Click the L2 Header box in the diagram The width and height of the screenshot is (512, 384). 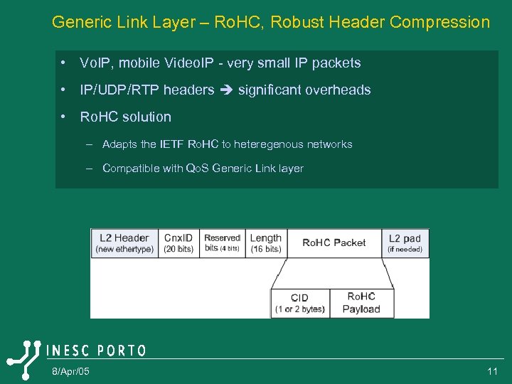[x=124, y=243]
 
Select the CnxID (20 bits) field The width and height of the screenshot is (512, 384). [x=178, y=243]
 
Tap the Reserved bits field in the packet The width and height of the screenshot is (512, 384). [x=223, y=243]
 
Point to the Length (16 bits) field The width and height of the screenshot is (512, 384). [x=266, y=243]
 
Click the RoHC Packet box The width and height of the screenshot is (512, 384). [x=334, y=243]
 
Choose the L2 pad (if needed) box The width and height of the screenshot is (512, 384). [x=405, y=243]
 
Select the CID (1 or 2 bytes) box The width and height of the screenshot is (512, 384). [x=299, y=303]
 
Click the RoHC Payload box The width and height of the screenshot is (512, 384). [x=361, y=302]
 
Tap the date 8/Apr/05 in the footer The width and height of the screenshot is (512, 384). [x=70, y=372]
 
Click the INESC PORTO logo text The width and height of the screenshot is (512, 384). [x=96, y=351]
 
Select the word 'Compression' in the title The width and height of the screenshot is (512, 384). [x=441, y=22]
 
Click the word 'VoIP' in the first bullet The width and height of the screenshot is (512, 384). [x=95, y=63]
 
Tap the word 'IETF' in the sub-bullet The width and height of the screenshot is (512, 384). [x=172, y=144]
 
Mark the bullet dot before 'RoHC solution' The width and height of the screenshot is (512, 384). [x=65, y=117]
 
